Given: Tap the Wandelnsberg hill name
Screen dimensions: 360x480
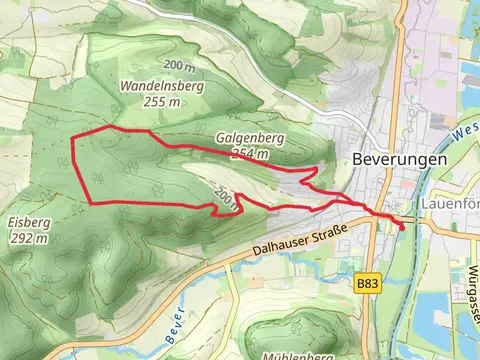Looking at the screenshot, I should click(x=161, y=87).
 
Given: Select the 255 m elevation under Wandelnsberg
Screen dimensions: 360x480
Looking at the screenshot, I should click(x=163, y=101).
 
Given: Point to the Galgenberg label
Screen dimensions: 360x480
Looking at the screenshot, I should click(x=243, y=139).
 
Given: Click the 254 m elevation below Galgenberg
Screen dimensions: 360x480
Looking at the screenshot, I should click(x=250, y=154).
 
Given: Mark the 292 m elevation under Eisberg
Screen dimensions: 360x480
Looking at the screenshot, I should click(x=25, y=238).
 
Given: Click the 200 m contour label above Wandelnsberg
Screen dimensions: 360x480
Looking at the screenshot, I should click(x=179, y=65).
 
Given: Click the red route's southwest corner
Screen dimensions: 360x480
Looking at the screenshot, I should click(x=91, y=203).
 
